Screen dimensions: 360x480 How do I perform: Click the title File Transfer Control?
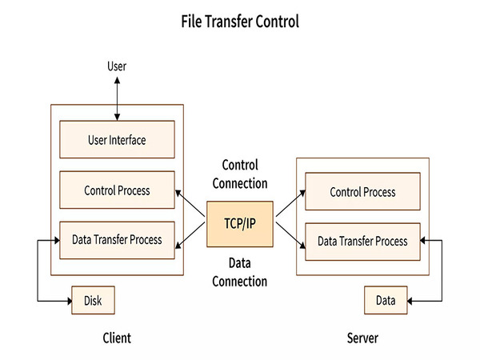(x=240, y=22)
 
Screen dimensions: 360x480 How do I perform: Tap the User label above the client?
(x=117, y=66)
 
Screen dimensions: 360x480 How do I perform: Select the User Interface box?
(x=117, y=140)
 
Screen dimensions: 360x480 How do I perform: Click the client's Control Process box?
(x=117, y=190)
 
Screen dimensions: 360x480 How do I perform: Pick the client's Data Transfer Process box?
(x=117, y=240)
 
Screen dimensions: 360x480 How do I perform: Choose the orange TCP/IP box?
(x=240, y=224)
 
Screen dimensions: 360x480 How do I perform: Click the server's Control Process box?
(x=362, y=192)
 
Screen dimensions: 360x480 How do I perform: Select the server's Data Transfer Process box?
(x=362, y=241)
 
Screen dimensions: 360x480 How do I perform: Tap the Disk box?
(x=93, y=301)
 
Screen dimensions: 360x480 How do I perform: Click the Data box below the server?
(x=386, y=301)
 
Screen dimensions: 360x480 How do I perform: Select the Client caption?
(x=117, y=338)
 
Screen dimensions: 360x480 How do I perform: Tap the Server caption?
(x=362, y=338)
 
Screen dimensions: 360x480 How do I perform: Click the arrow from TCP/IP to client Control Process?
(x=190, y=203)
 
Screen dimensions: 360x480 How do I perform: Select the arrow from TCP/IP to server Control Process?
(x=289, y=204)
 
